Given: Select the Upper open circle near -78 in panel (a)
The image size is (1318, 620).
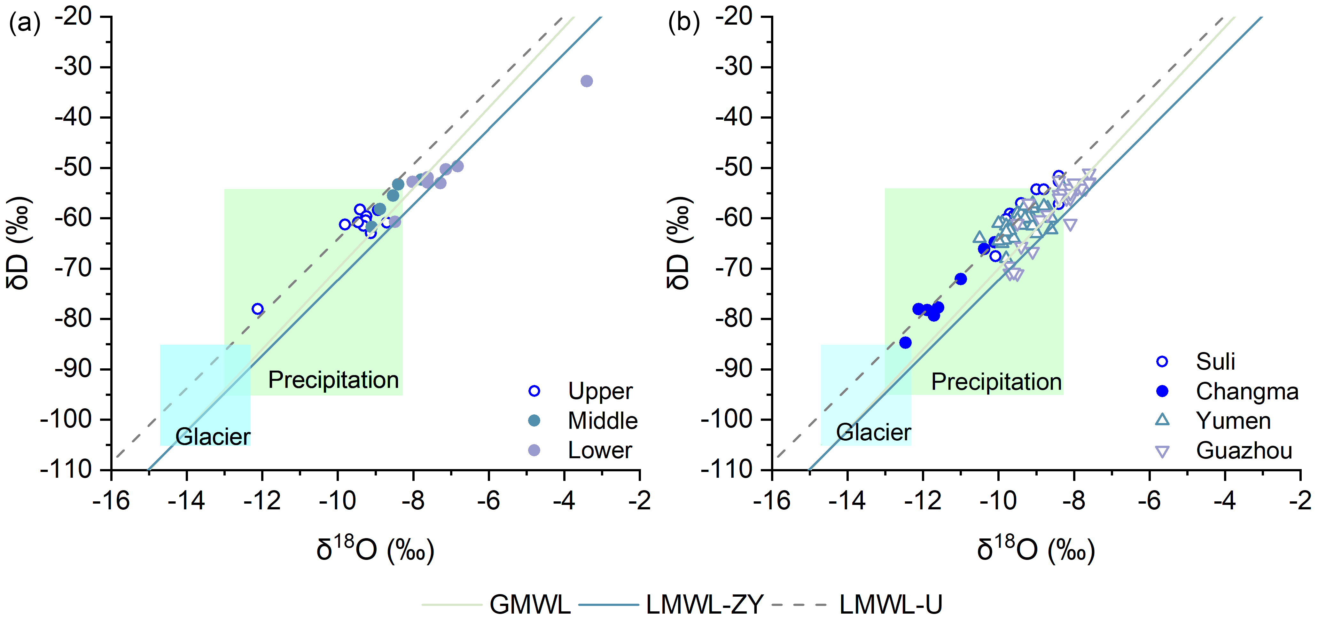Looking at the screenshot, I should (x=257, y=309).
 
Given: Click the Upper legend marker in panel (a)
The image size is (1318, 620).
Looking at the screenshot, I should (x=534, y=391).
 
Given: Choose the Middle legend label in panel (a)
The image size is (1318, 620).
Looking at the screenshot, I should (x=602, y=421).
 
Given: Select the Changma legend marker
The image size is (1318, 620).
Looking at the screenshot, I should (x=1162, y=391).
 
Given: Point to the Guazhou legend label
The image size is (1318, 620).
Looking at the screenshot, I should (x=1244, y=451).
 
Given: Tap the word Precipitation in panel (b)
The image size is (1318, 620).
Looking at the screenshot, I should (x=996, y=382).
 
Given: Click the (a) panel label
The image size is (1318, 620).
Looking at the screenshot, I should (x=25, y=24).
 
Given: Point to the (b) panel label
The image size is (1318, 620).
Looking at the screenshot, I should (x=684, y=24).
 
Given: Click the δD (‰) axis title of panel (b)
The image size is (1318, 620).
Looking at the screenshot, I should (x=679, y=242).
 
